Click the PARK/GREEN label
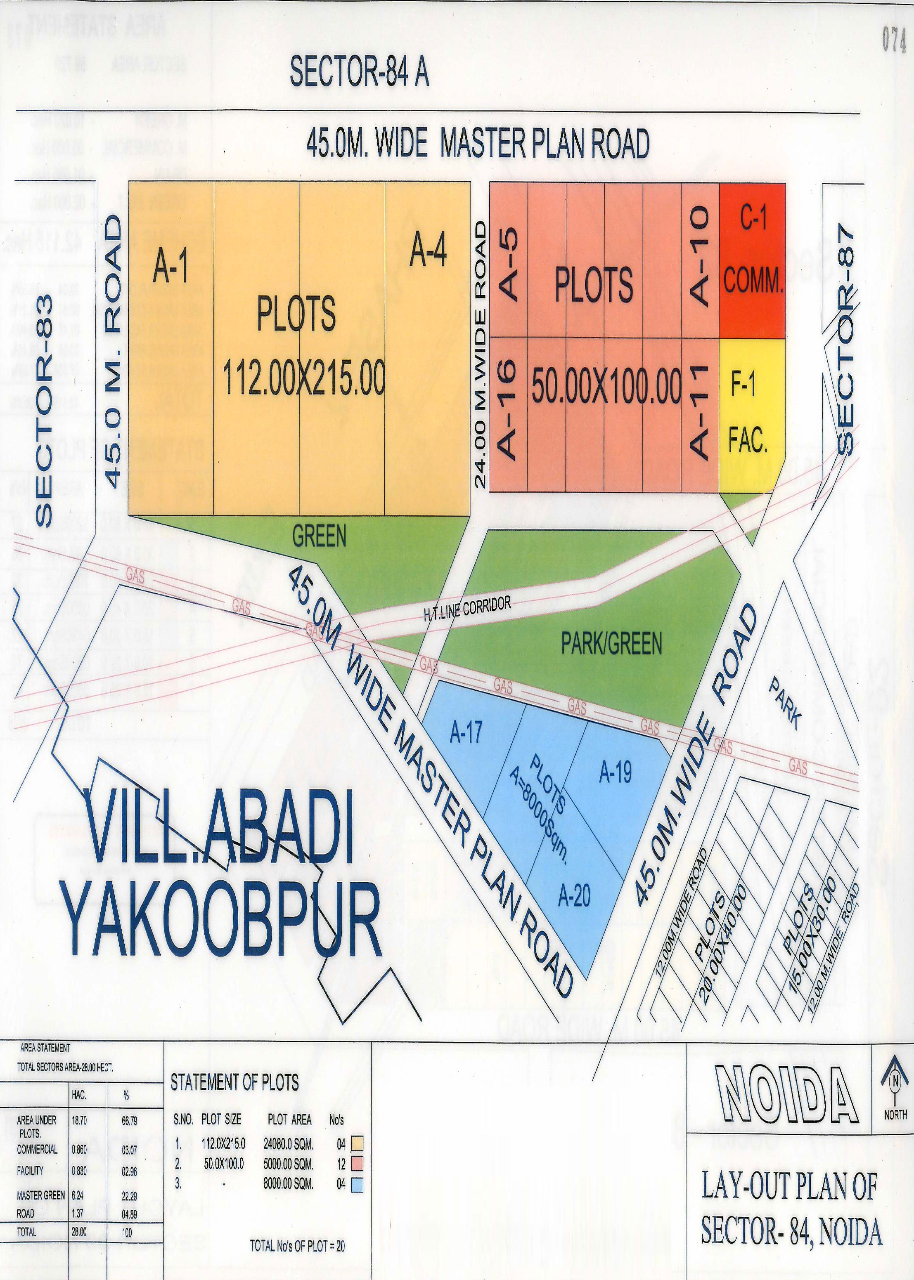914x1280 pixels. point(612,645)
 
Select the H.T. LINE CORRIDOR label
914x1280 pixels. point(467,609)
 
